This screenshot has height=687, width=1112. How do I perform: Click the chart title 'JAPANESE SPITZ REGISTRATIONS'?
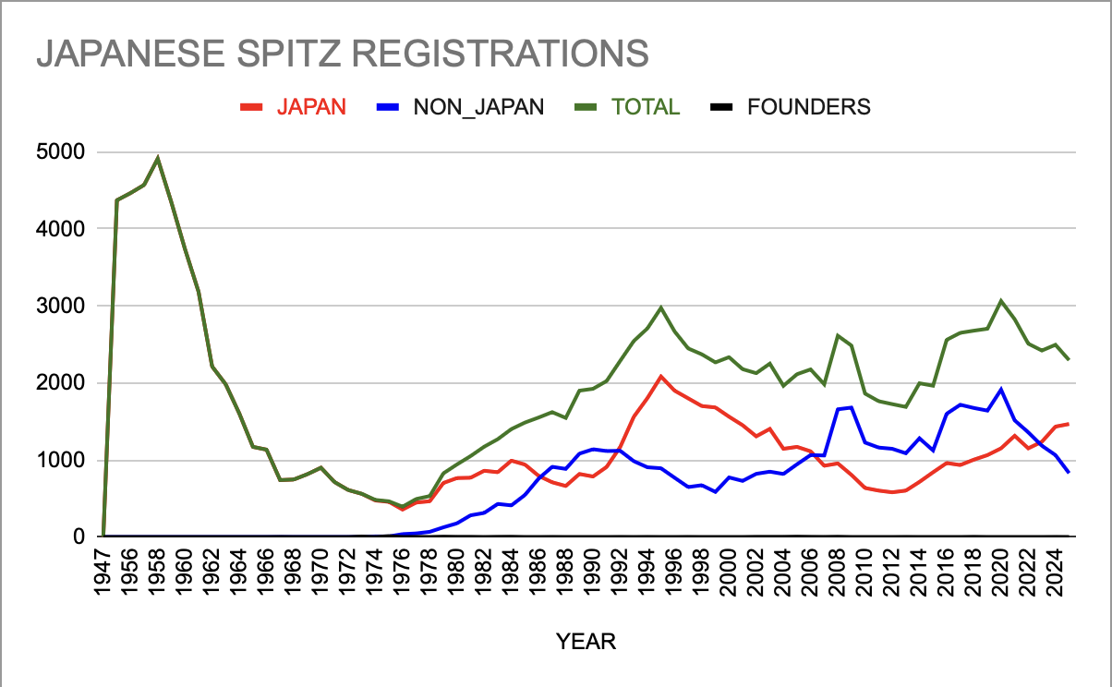coord(342,54)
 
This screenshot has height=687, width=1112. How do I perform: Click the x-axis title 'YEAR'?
coord(586,641)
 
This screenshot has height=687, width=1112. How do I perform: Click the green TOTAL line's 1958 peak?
coord(158,158)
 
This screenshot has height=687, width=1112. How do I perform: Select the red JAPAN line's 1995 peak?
coord(660,376)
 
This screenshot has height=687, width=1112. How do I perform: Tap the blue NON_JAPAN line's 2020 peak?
coord(1000,389)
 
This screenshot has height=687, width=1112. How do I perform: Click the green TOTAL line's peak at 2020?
coord(1000,300)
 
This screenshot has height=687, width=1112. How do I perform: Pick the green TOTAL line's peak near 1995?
coord(660,307)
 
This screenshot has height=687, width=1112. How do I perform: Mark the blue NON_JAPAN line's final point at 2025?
coord(1069,473)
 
